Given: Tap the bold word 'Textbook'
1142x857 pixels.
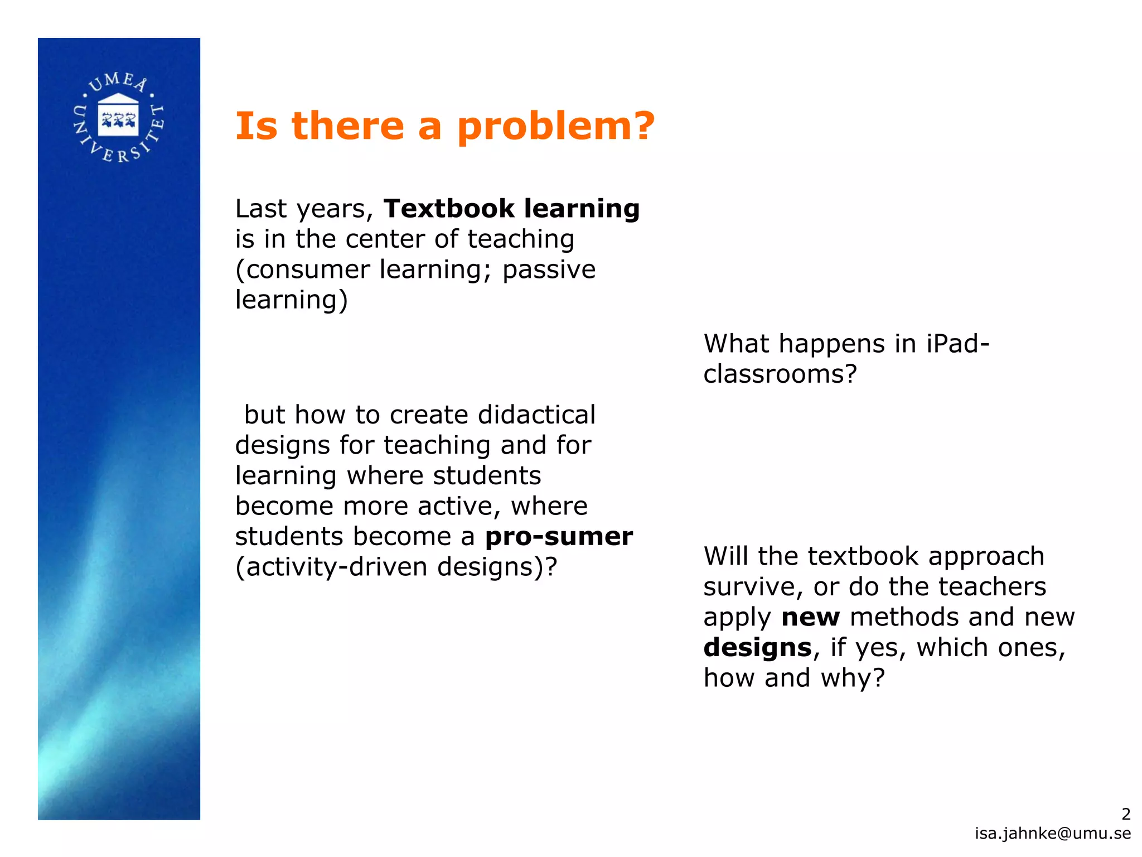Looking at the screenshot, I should click(x=449, y=209).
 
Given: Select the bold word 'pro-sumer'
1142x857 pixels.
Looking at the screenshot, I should click(x=559, y=537).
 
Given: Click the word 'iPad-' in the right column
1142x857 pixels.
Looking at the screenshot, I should click(x=957, y=343).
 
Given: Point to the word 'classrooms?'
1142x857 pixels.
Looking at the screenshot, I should click(x=780, y=374).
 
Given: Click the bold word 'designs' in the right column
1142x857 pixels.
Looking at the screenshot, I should click(x=757, y=648).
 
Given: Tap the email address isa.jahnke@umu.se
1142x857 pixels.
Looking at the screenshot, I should click(x=1053, y=833).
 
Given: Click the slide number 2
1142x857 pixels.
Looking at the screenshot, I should click(x=1126, y=814).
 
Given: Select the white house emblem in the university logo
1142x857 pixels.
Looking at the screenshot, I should click(x=118, y=115).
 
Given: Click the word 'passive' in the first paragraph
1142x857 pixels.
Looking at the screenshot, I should click(x=549, y=270).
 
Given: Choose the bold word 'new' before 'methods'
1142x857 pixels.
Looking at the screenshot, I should click(x=810, y=618).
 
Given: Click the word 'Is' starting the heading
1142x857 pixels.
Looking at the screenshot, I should click(x=256, y=126).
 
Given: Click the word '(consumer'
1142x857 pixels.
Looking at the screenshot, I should click(x=302, y=270).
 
